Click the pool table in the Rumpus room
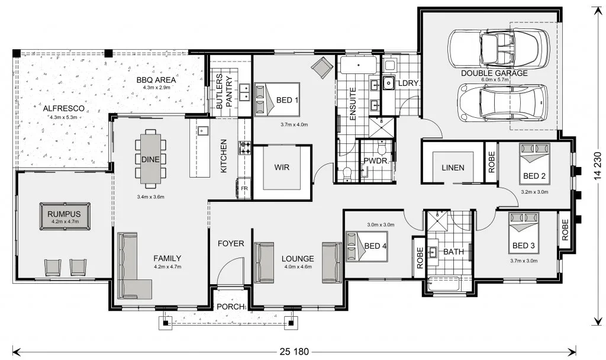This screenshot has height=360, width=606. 65,216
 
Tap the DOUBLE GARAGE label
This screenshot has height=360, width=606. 494,73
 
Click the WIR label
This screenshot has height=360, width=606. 282,168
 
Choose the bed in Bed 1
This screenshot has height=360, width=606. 277,99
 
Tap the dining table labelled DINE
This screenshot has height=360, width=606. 150,158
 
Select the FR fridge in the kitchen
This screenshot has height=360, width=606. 244,188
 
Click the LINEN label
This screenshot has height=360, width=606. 453,168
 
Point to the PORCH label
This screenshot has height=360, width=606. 231,307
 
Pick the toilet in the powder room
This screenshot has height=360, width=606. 382,147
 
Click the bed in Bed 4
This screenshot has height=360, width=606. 366,246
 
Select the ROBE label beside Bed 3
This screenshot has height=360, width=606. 565,230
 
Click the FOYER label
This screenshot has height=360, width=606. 231,243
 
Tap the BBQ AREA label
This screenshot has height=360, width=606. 156,80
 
